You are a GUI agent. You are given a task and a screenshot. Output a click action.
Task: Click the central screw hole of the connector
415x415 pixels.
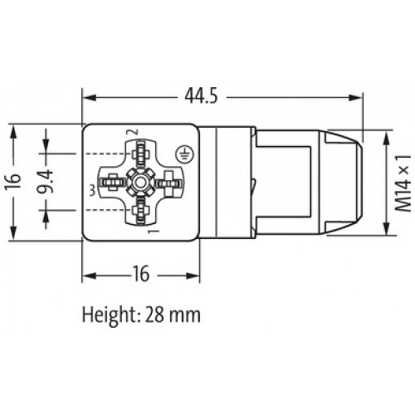(141, 180)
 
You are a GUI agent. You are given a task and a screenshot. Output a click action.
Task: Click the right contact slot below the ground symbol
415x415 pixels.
(170, 180)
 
